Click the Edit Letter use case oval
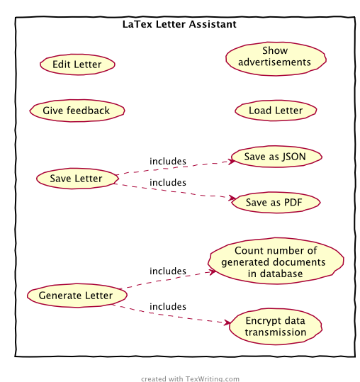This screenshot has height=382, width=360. pyautogui.click(x=77, y=64)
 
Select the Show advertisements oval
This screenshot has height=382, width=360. pyautogui.click(x=276, y=59)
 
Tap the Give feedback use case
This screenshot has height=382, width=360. pyautogui.click(x=77, y=111)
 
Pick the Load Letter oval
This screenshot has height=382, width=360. pyautogui.click(x=276, y=111)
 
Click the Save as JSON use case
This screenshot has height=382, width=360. pyautogui.click(x=276, y=157)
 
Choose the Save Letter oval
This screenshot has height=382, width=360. pyautogui.click(x=77, y=179)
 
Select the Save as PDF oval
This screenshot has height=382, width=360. pyautogui.click(x=276, y=202)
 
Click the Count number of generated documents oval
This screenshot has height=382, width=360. pyautogui.click(x=276, y=261)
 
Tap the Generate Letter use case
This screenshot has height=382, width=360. pyautogui.click(x=77, y=296)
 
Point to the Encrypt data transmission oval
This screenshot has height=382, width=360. pyautogui.click(x=276, y=327)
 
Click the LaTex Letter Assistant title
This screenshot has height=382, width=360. pyautogui.click(x=179, y=24)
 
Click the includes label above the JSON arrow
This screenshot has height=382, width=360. pyautogui.click(x=168, y=162)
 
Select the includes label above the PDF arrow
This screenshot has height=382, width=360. pyautogui.click(x=168, y=182)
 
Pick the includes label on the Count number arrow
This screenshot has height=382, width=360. pyautogui.click(x=168, y=271)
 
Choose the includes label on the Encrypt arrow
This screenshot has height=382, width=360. pyautogui.click(x=168, y=306)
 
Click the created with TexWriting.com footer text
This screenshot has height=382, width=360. pyautogui.click(x=190, y=378)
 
